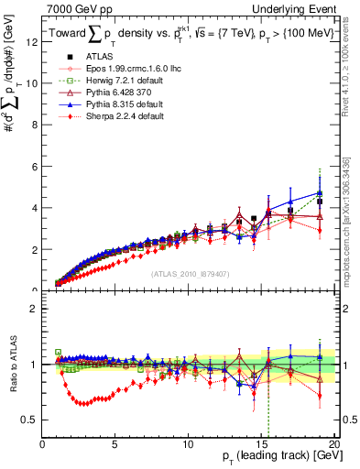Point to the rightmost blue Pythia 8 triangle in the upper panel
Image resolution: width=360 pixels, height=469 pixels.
pos(319,192)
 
